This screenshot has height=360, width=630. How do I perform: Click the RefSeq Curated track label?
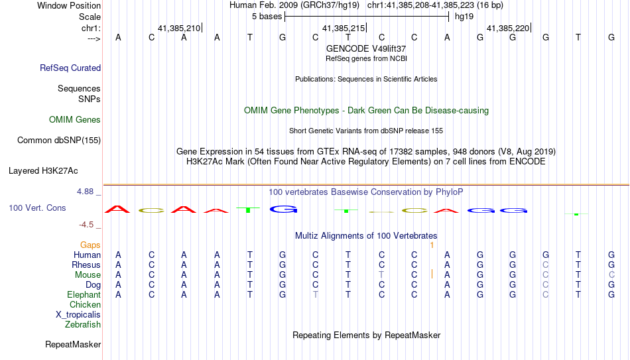coord(70,68)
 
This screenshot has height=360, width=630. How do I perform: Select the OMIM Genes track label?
coord(75,120)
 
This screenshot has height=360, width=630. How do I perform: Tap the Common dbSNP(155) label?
coord(59,141)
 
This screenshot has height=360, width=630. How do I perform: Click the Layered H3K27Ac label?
coord(43,171)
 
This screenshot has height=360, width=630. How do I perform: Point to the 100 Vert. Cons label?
coord(37,208)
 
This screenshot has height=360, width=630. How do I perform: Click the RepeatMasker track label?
coord(73,344)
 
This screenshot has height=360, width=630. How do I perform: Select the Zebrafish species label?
coord(83,324)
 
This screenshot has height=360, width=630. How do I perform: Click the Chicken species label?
coord(85,304)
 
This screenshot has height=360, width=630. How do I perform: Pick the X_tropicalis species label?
coord(78,315)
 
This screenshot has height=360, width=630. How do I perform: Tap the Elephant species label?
coord(84,294)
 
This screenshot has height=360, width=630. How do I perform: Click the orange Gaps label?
coord(90,245)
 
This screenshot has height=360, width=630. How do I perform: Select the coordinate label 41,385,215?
coord(344,29)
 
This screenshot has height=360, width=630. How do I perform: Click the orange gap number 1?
coord(432,245)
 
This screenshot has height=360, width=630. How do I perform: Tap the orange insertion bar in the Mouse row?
coord(432,274)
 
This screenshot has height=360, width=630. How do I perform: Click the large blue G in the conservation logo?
coord(284,209)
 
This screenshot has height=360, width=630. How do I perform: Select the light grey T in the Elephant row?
coord(316,294)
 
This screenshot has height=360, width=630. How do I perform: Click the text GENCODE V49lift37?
coord(366,48)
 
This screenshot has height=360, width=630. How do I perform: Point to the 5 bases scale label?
coord(267,17)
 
